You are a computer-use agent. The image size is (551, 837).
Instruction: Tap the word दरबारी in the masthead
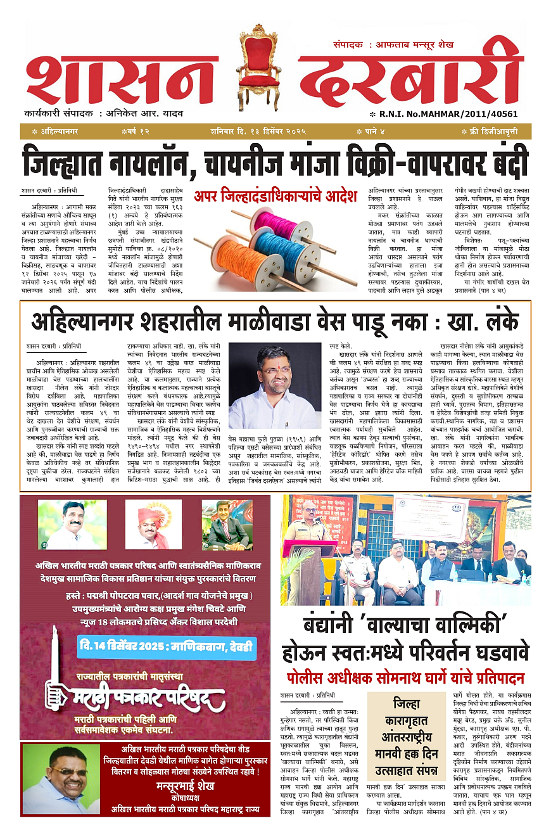(412, 79)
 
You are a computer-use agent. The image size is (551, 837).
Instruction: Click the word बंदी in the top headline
(502, 163)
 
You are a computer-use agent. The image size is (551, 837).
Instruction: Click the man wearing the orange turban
(153, 525)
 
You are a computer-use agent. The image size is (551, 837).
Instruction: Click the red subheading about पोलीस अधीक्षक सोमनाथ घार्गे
(405, 675)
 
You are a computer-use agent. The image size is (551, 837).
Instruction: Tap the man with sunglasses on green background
(61, 778)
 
